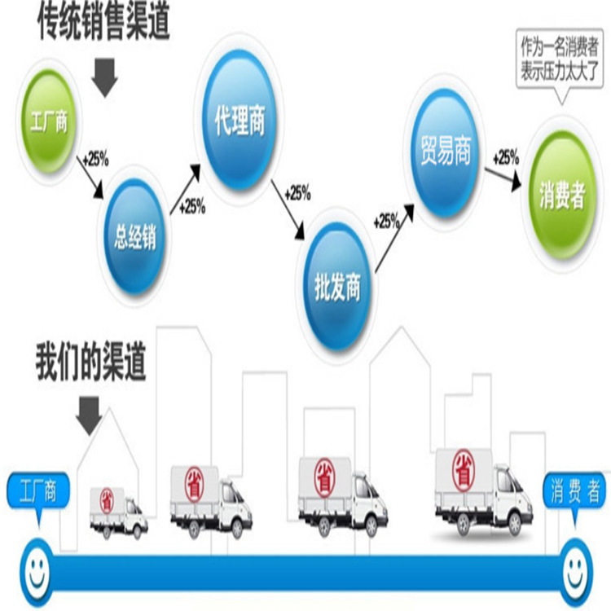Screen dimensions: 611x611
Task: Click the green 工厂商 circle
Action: click(x=50, y=121)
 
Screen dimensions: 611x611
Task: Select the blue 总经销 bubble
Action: click(x=134, y=236)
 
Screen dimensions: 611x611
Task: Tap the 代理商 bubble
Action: click(x=240, y=119)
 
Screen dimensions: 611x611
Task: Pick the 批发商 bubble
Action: click(x=337, y=287)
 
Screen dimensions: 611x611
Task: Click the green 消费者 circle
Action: click(x=562, y=195)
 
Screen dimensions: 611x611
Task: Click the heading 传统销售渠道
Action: click(x=103, y=21)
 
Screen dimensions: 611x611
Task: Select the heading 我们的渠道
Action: click(x=91, y=363)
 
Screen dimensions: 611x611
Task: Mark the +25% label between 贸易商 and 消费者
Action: click(x=506, y=158)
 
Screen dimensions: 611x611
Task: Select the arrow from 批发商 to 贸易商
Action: click(x=394, y=237)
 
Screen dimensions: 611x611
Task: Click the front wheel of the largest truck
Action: click(x=514, y=524)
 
